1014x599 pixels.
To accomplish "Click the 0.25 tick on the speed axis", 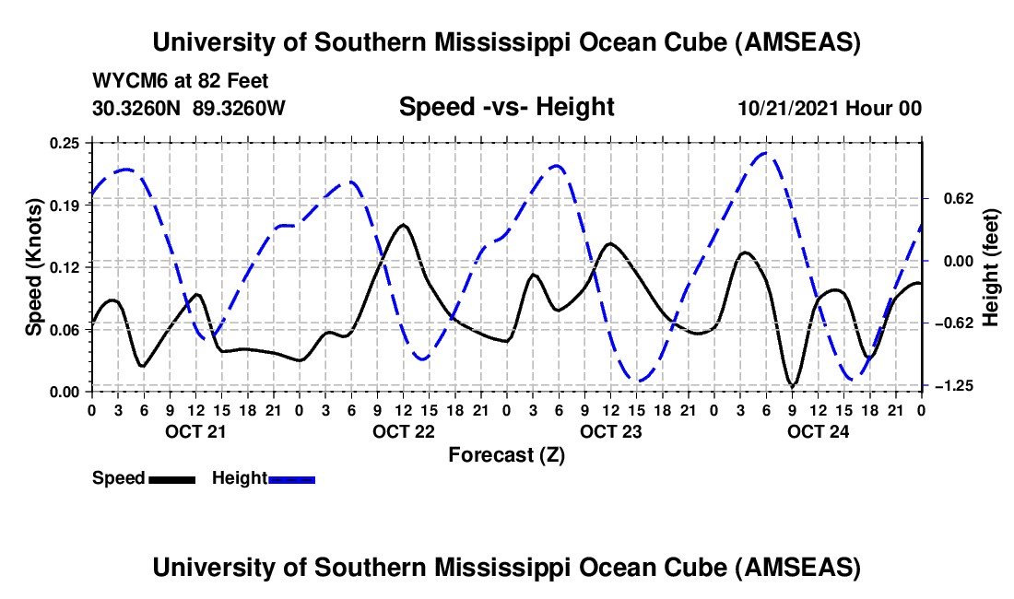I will pos(70,143).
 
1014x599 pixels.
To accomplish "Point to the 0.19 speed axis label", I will pos(70,206).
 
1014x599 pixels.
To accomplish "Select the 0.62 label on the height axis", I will pos(952,198).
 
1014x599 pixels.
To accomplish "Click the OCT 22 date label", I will pos(403,430).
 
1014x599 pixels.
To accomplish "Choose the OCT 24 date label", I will pos(819,430).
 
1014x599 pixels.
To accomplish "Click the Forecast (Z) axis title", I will pos(506,454).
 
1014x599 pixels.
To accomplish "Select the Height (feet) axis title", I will pos(991,266).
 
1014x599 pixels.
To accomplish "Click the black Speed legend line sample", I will pos(171,478).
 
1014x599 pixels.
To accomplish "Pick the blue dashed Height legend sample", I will pos(291,478).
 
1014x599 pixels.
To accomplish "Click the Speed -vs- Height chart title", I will pos(506,108).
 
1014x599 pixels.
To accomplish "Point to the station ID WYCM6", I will pos(125,82).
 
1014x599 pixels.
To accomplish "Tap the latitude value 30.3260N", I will pos(137,108).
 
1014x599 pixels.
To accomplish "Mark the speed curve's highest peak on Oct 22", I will pos(403,224).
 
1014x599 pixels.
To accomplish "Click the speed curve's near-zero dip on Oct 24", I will pos(792,385).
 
